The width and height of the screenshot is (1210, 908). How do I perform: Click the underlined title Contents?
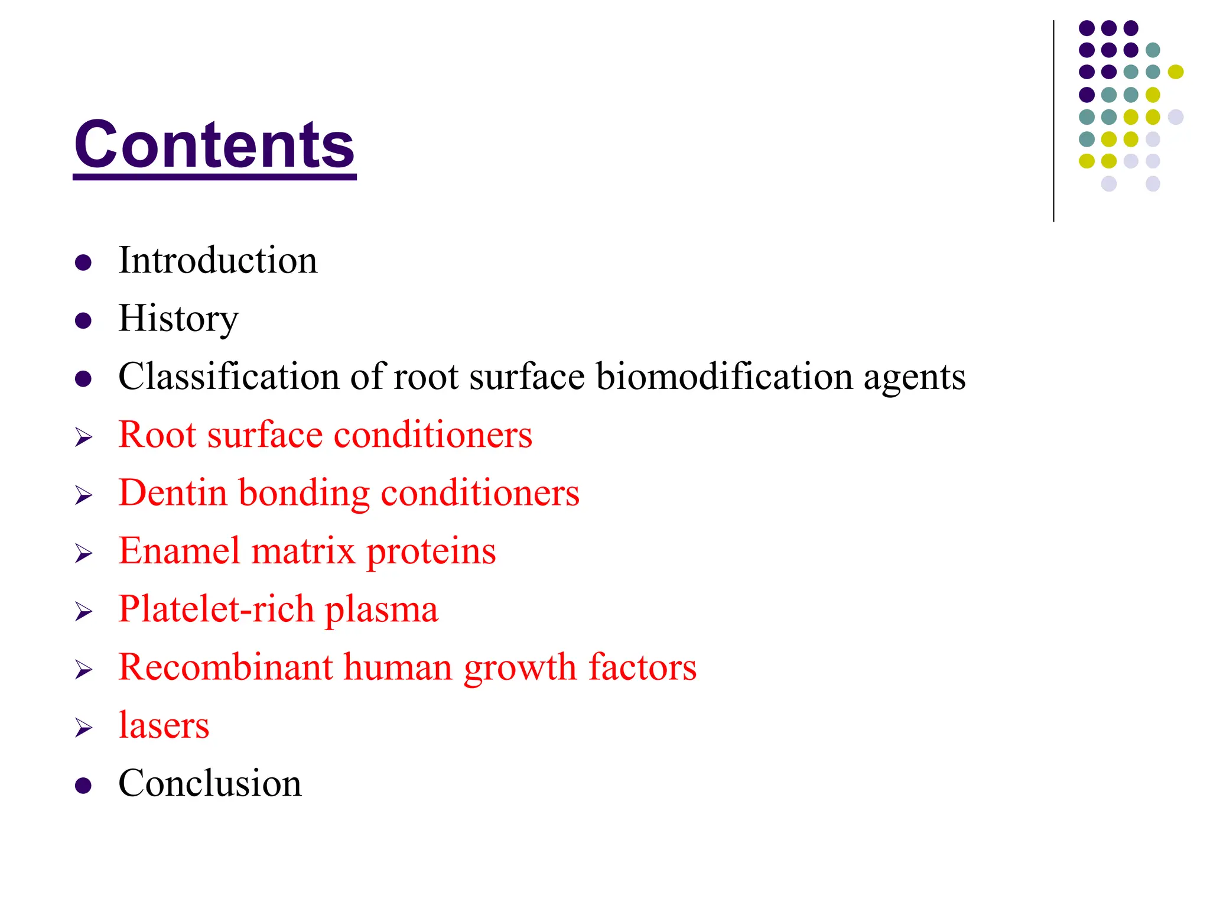pos(214,145)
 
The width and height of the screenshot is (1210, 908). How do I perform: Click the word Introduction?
pos(217,261)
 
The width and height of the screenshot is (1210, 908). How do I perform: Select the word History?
pos(178,319)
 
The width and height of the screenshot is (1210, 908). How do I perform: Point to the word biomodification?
pos(724,377)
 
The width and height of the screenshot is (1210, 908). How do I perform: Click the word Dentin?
pos(173,492)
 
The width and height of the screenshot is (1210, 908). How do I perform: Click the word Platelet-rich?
pos(216,609)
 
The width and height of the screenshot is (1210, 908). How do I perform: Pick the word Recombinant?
pos(226,667)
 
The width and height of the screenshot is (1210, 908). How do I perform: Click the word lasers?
pos(164,725)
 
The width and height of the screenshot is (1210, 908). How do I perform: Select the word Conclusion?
pos(210,783)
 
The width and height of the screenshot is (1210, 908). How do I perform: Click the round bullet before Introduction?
pos(83,262)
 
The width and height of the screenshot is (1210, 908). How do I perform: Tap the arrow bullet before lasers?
pos(83,727)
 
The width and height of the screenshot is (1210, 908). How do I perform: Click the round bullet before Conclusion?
pos(83,785)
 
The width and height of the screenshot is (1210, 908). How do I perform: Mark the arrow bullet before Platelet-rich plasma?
pos(83,611)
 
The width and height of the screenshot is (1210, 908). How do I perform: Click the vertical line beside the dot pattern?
pos(1053,121)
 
